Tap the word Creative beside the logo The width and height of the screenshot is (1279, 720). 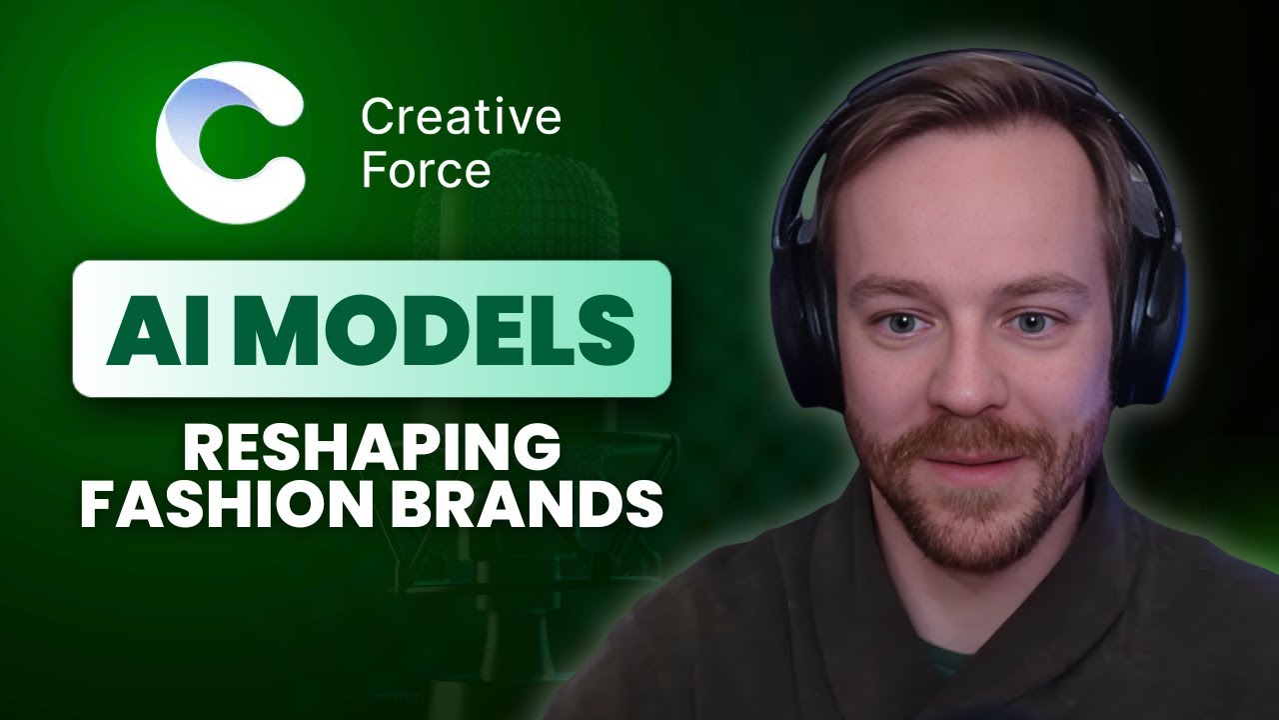[x=461, y=119]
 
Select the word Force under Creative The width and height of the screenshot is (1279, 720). [x=426, y=170]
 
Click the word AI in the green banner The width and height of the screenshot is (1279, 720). [x=147, y=328]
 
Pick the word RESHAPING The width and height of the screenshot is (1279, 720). [x=371, y=449]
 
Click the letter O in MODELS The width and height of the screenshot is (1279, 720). [x=355, y=328]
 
